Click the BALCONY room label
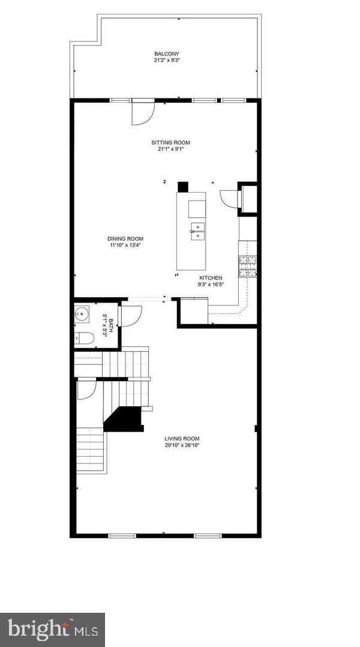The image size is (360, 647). click(x=166, y=54)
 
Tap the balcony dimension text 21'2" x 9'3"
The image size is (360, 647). click(x=166, y=61)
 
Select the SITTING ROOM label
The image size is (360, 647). click(x=170, y=142)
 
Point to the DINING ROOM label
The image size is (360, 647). click(x=126, y=238)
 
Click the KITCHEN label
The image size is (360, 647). click(x=211, y=278)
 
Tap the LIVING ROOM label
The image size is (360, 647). click(x=182, y=439)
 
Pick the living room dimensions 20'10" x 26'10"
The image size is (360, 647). click(x=182, y=445)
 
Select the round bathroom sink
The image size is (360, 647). click(x=82, y=313)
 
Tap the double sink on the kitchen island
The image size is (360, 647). click(x=197, y=231)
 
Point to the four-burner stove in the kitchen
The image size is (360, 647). click(x=248, y=265)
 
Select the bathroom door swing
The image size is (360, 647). click(x=131, y=316)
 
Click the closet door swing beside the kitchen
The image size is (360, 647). click(x=230, y=198)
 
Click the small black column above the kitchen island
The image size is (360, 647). click(x=184, y=186)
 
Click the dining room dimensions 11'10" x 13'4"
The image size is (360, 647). click(x=126, y=245)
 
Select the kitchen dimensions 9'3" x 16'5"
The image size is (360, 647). click(x=211, y=284)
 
